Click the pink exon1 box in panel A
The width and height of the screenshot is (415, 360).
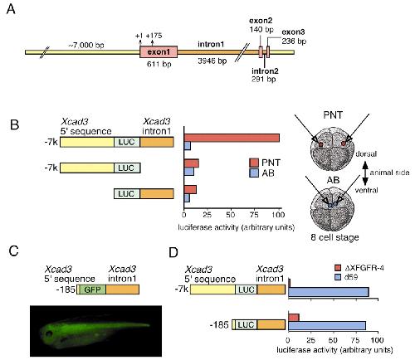coord(159,52)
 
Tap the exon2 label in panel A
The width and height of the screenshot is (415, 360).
coord(261,21)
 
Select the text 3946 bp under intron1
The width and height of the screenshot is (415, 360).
coord(212,61)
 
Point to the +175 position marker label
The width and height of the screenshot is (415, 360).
coord(154,36)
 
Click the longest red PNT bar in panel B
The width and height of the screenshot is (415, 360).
coord(232,138)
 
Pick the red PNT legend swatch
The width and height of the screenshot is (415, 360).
coord(254,163)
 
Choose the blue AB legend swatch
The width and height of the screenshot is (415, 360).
coord(254,173)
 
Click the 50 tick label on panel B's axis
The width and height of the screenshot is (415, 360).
coord(231,215)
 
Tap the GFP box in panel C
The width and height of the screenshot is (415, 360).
coord(91,289)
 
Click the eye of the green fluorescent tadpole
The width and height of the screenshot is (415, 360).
coord(49,333)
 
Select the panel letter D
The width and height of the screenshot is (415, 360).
coord(173,252)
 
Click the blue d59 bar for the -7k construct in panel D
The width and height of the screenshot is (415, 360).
coord(329,292)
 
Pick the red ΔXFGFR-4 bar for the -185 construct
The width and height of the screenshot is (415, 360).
coord(294,318)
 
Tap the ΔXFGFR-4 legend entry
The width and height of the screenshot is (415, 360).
coord(359,268)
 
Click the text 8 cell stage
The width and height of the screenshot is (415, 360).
coord(334,237)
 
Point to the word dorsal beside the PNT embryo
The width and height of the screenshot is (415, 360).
coord(366,153)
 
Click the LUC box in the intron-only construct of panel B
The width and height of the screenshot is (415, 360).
coord(127,193)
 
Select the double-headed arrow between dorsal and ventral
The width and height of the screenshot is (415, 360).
coord(365,173)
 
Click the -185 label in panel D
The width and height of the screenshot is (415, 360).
coord(219,324)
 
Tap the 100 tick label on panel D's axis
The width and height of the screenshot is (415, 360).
coord(378,340)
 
